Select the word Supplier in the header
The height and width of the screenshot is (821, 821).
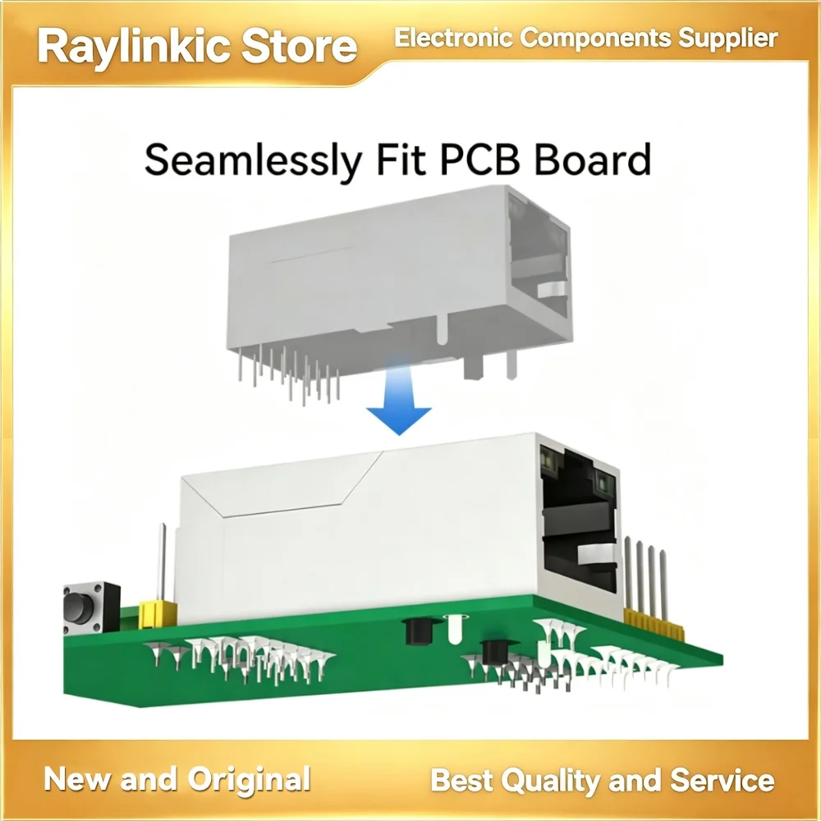click(x=728, y=39)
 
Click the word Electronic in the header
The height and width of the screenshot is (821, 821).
click(x=453, y=38)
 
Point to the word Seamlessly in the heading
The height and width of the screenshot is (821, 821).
click(x=253, y=161)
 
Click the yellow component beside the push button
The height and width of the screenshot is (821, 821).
click(x=157, y=614)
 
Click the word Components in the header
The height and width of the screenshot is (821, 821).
click(x=595, y=39)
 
